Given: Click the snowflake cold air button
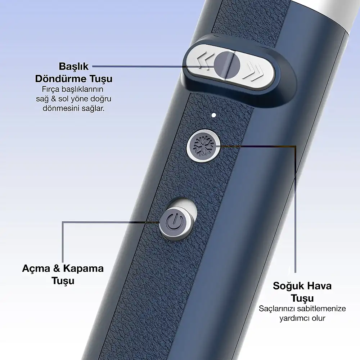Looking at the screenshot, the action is pyautogui.click(x=203, y=146).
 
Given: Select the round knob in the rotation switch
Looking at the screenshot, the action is pyautogui.click(x=227, y=65).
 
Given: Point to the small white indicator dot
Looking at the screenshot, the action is pyautogui.click(x=214, y=115).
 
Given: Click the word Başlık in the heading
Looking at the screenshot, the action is pyautogui.click(x=74, y=66).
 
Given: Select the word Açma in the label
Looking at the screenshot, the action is pyautogui.click(x=36, y=269).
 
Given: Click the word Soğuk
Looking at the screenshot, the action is pyautogui.click(x=288, y=286).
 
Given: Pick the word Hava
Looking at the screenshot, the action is pyautogui.click(x=319, y=286).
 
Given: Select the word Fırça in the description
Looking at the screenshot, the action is pyautogui.click(x=51, y=89).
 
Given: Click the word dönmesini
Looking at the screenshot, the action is pyautogui.click(x=61, y=108).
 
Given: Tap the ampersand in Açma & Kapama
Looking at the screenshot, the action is pyautogui.click(x=57, y=269).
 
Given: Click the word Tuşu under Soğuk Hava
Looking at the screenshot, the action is pyautogui.click(x=302, y=298).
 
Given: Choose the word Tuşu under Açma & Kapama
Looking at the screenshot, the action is pyautogui.click(x=63, y=281).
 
